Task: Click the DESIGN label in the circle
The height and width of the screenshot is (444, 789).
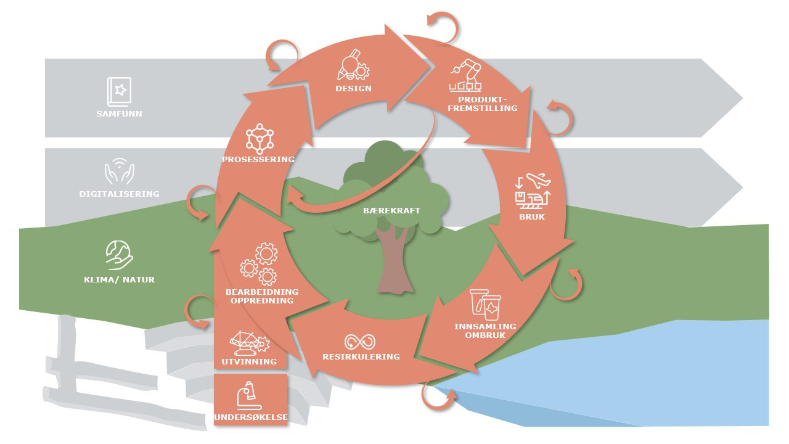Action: pyautogui.click(x=353, y=88)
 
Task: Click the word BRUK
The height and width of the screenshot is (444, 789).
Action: pyautogui.click(x=532, y=216)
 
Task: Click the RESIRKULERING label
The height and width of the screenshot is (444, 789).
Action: pyautogui.click(x=361, y=356)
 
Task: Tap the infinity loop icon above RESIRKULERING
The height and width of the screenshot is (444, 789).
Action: pyautogui.click(x=360, y=342)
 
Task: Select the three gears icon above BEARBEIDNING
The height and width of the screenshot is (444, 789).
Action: pyautogui.click(x=258, y=263)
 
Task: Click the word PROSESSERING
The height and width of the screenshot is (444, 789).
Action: pyautogui.click(x=258, y=159)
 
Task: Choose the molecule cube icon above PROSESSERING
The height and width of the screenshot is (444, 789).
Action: pyautogui.click(x=259, y=138)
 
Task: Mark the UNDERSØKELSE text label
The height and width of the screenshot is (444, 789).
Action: pyautogui.click(x=250, y=417)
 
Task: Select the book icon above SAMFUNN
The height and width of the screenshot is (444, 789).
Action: pyautogui.click(x=119, y=91)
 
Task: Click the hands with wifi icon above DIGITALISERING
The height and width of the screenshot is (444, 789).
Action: pyautogui.click(x=119, y=172)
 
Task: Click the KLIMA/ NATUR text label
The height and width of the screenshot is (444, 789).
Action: pyautogui.click(x=119, y=279)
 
